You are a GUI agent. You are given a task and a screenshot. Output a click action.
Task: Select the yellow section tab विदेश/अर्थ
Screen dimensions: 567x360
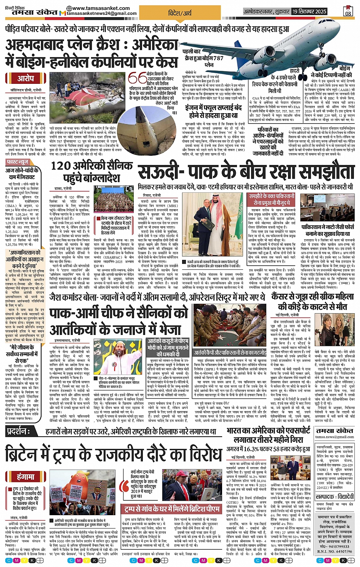click(x=180, y=13)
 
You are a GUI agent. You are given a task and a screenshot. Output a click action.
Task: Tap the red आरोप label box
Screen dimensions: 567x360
click(x=26, y=78)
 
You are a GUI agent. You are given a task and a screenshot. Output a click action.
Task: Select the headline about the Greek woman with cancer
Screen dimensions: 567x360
click(x=312, y=301)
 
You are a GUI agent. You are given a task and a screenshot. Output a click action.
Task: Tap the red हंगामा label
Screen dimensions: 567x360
click(x=26, y=476)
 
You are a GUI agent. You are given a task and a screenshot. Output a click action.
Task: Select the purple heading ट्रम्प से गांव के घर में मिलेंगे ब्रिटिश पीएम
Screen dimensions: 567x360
click(x=172, y=509)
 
